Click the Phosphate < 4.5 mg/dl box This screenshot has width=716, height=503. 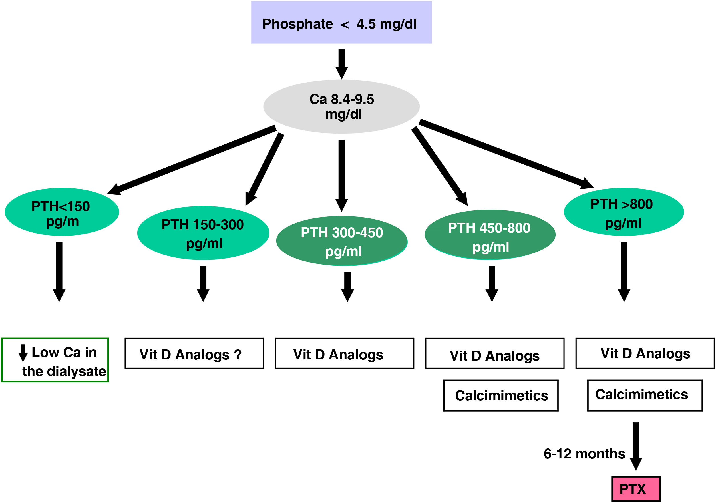(341, 23)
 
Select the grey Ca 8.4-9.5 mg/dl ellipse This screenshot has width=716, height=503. (341, 107)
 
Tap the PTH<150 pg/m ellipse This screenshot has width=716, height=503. (62, 212)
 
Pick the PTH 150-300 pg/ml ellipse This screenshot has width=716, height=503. (203, 233)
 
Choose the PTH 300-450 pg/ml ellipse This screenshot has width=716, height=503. (342, 241)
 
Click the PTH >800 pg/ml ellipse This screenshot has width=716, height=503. (624, 212)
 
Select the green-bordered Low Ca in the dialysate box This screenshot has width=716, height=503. (55, 360)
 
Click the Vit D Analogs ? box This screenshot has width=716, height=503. (194, 354)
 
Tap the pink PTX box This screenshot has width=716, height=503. (636, 489)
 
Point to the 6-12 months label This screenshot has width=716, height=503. (584, 454)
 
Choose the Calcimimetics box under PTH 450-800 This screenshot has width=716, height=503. (500, 395)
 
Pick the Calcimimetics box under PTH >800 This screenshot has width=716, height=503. (645, 395)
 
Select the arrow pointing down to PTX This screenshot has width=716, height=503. (636, 446)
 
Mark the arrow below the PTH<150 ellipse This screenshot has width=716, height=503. (59, 271)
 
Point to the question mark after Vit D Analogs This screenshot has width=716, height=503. (238, 355)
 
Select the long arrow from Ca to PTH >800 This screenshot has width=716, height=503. (505, 154)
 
